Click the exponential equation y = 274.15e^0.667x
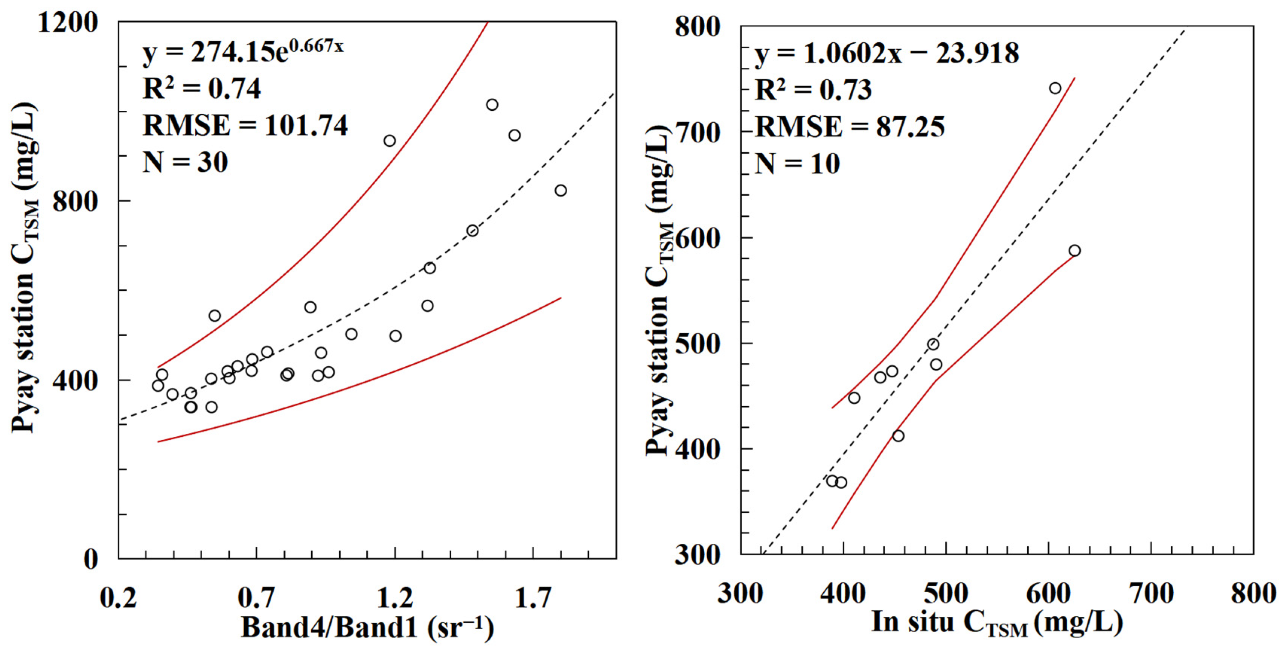(x=243, y=52)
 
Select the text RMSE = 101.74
(x=245, y=125)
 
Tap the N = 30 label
(x=185, y=162)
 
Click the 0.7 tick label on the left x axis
(x=256, y=598)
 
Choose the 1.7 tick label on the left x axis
(x=533, y=598)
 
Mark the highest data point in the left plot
(x=492, y=104)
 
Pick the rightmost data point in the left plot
(x=560, y=191)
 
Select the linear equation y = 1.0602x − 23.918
(x=886, y=53)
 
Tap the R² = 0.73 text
(x=813, y=90)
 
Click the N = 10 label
(x=797, y=163)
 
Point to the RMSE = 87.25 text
(x=849, y=127)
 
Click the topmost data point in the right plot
(x=1055, y=88)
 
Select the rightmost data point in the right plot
(x=1075, y=250)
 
